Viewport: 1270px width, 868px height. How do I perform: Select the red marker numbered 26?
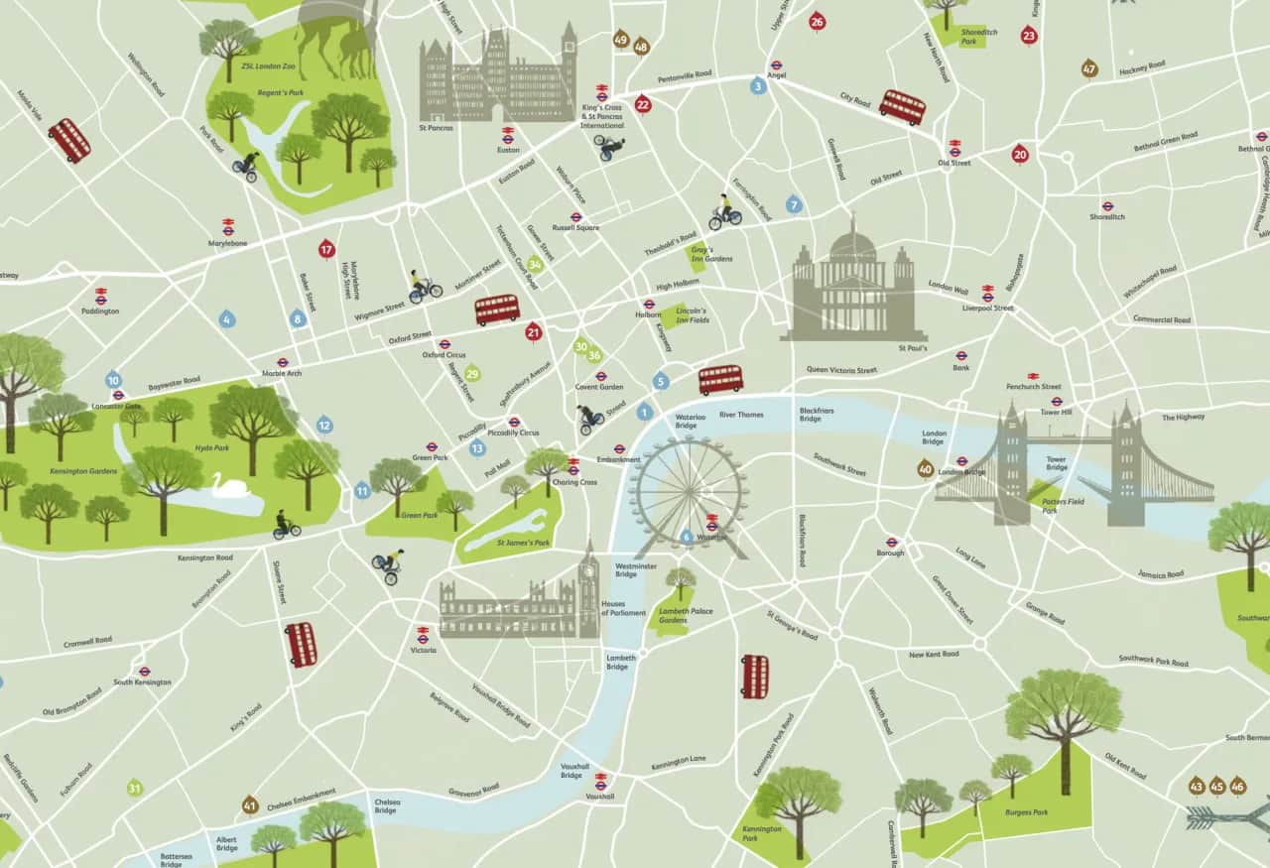click(x=818, y=22)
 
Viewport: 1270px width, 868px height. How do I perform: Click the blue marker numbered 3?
click(x=759, y=86)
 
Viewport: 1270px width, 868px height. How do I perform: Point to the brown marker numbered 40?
click(x=926, y=468)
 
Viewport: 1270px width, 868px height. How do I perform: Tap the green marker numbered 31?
click(x=135, y=789)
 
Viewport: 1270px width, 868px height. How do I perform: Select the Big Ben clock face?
click(x=589, y=568)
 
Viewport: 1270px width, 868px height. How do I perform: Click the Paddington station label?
click(x=101, y=311)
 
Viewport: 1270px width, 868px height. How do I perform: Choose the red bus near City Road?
click(x=902, y=106)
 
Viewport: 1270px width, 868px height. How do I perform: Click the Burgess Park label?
click(x=1028, y=811)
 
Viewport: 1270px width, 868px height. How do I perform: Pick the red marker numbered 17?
click(x=326, y=249)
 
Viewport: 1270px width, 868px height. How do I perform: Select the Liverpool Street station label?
click(x=988, y=309)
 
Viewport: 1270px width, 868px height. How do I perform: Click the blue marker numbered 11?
click(x=362, y=490)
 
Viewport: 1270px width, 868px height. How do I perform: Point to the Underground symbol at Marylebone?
click(x=228, y=226)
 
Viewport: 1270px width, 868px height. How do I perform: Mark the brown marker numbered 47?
click(x=1089, y=68)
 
